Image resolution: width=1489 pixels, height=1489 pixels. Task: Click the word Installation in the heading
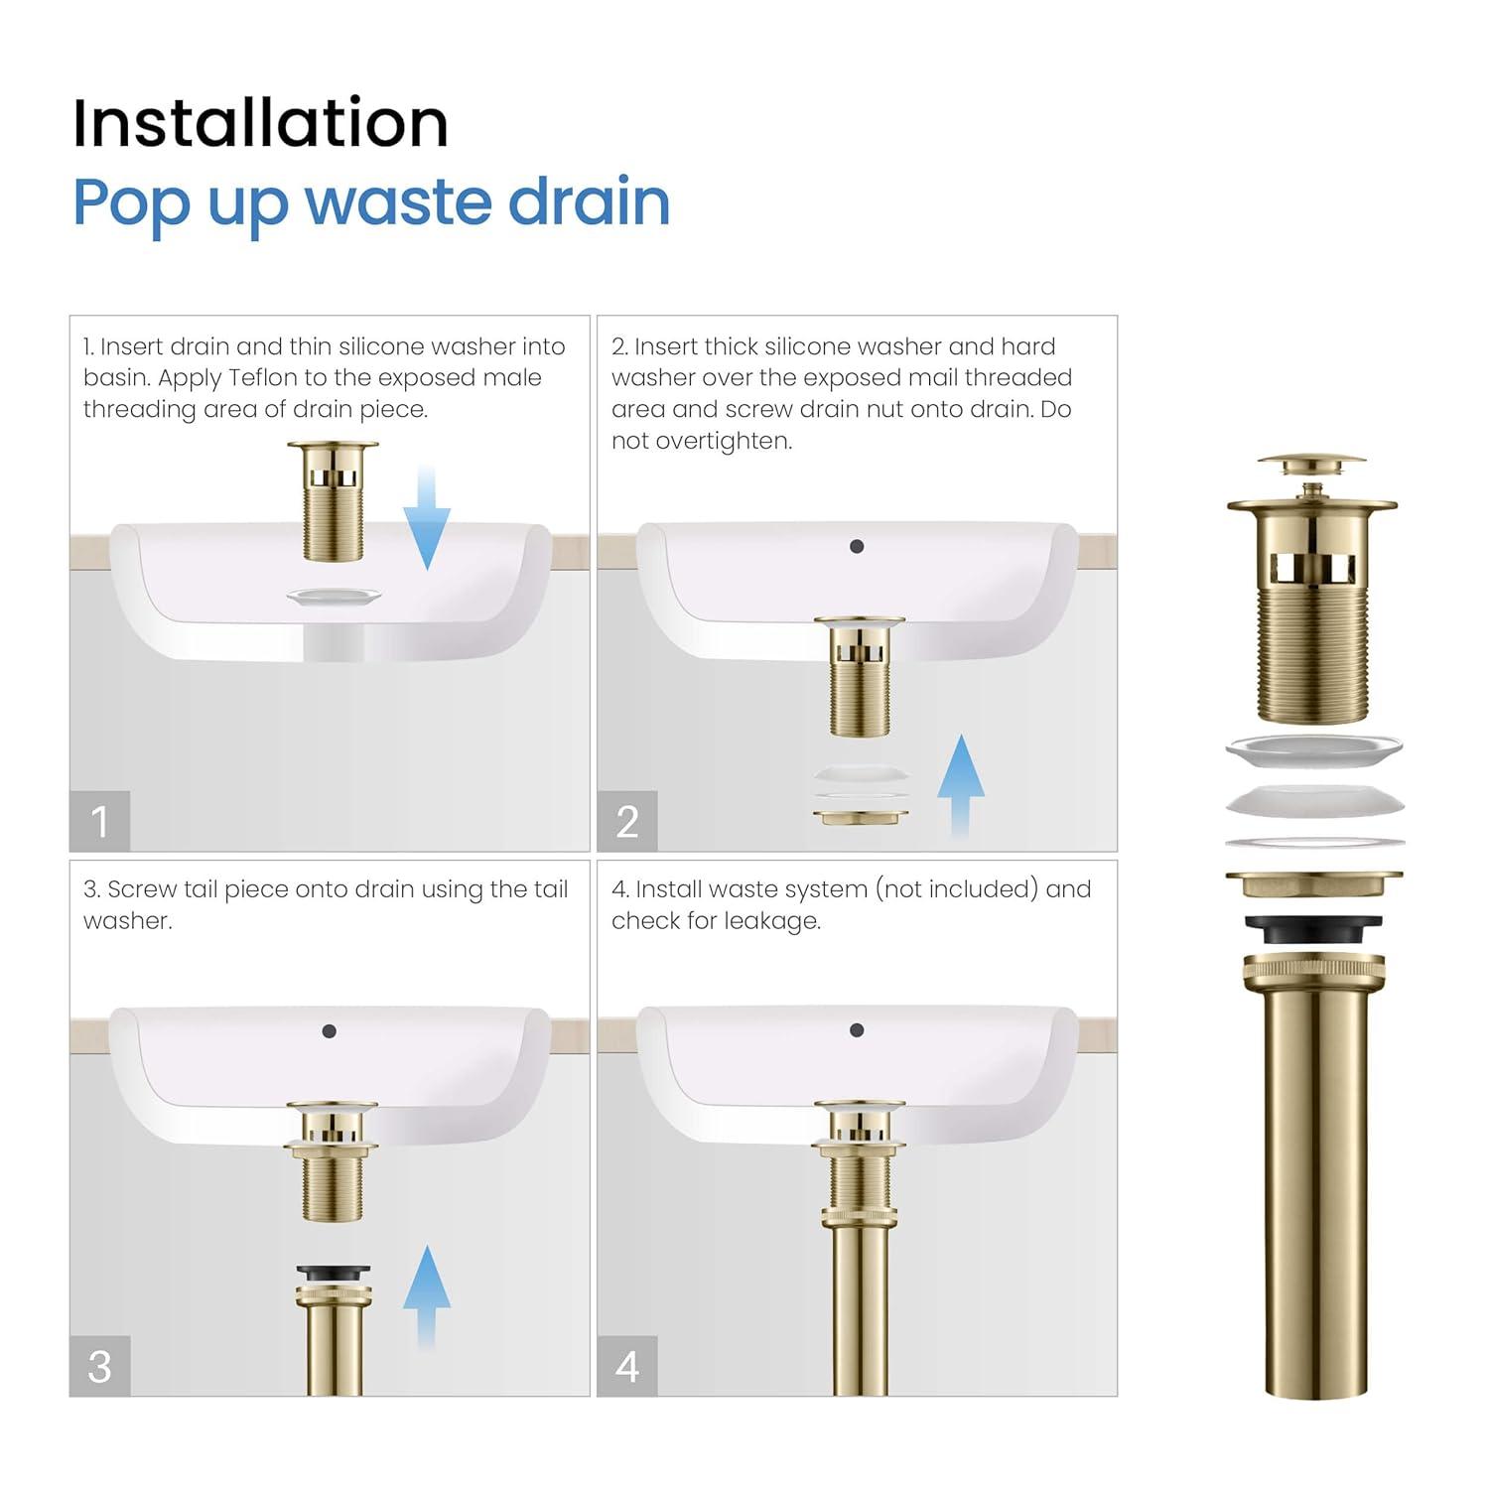(x=260, y=123)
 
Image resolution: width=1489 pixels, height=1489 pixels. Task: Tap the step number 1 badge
(x=99, y=822)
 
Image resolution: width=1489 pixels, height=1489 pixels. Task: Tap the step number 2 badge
(x=627, y=822)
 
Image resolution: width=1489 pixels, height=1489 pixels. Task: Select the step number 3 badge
(x=99, y=1366)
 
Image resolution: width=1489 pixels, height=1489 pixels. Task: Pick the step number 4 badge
(x=627, y=1366)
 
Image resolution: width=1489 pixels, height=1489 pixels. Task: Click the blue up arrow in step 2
(x=961, y=784)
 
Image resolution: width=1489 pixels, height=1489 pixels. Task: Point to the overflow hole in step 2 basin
(x=857, y=546)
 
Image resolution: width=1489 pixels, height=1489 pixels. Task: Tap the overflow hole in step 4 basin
(x=857, y=1030)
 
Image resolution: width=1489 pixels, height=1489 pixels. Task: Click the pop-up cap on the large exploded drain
(x=1311, y=465)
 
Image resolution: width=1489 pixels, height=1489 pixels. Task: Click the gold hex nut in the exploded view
(x=1313, y=883)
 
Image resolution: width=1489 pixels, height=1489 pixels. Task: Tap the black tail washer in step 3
(x=333, y=1273)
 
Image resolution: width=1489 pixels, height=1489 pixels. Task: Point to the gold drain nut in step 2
(x=861, y=817)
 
